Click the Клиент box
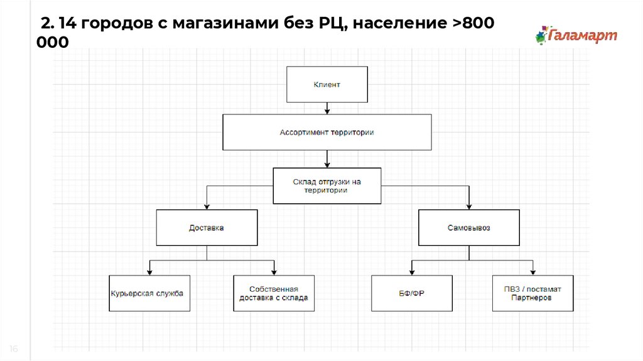click(x=327, y=84)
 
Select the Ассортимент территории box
click(x=327, y=132)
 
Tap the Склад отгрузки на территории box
click(x=327, y=186)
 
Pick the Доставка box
click(x=207, y=228)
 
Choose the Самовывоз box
click(x=468, y=228)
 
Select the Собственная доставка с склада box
click(x=274, y=293)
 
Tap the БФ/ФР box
click(x=411, y=293)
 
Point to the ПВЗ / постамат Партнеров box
click(x=532, y=293)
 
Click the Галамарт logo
click(x=576, y=35)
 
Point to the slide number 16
click(x=14, y=349)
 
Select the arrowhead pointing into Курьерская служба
click(x=149, y=272)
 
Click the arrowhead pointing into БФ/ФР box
click(x=411, y=272)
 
